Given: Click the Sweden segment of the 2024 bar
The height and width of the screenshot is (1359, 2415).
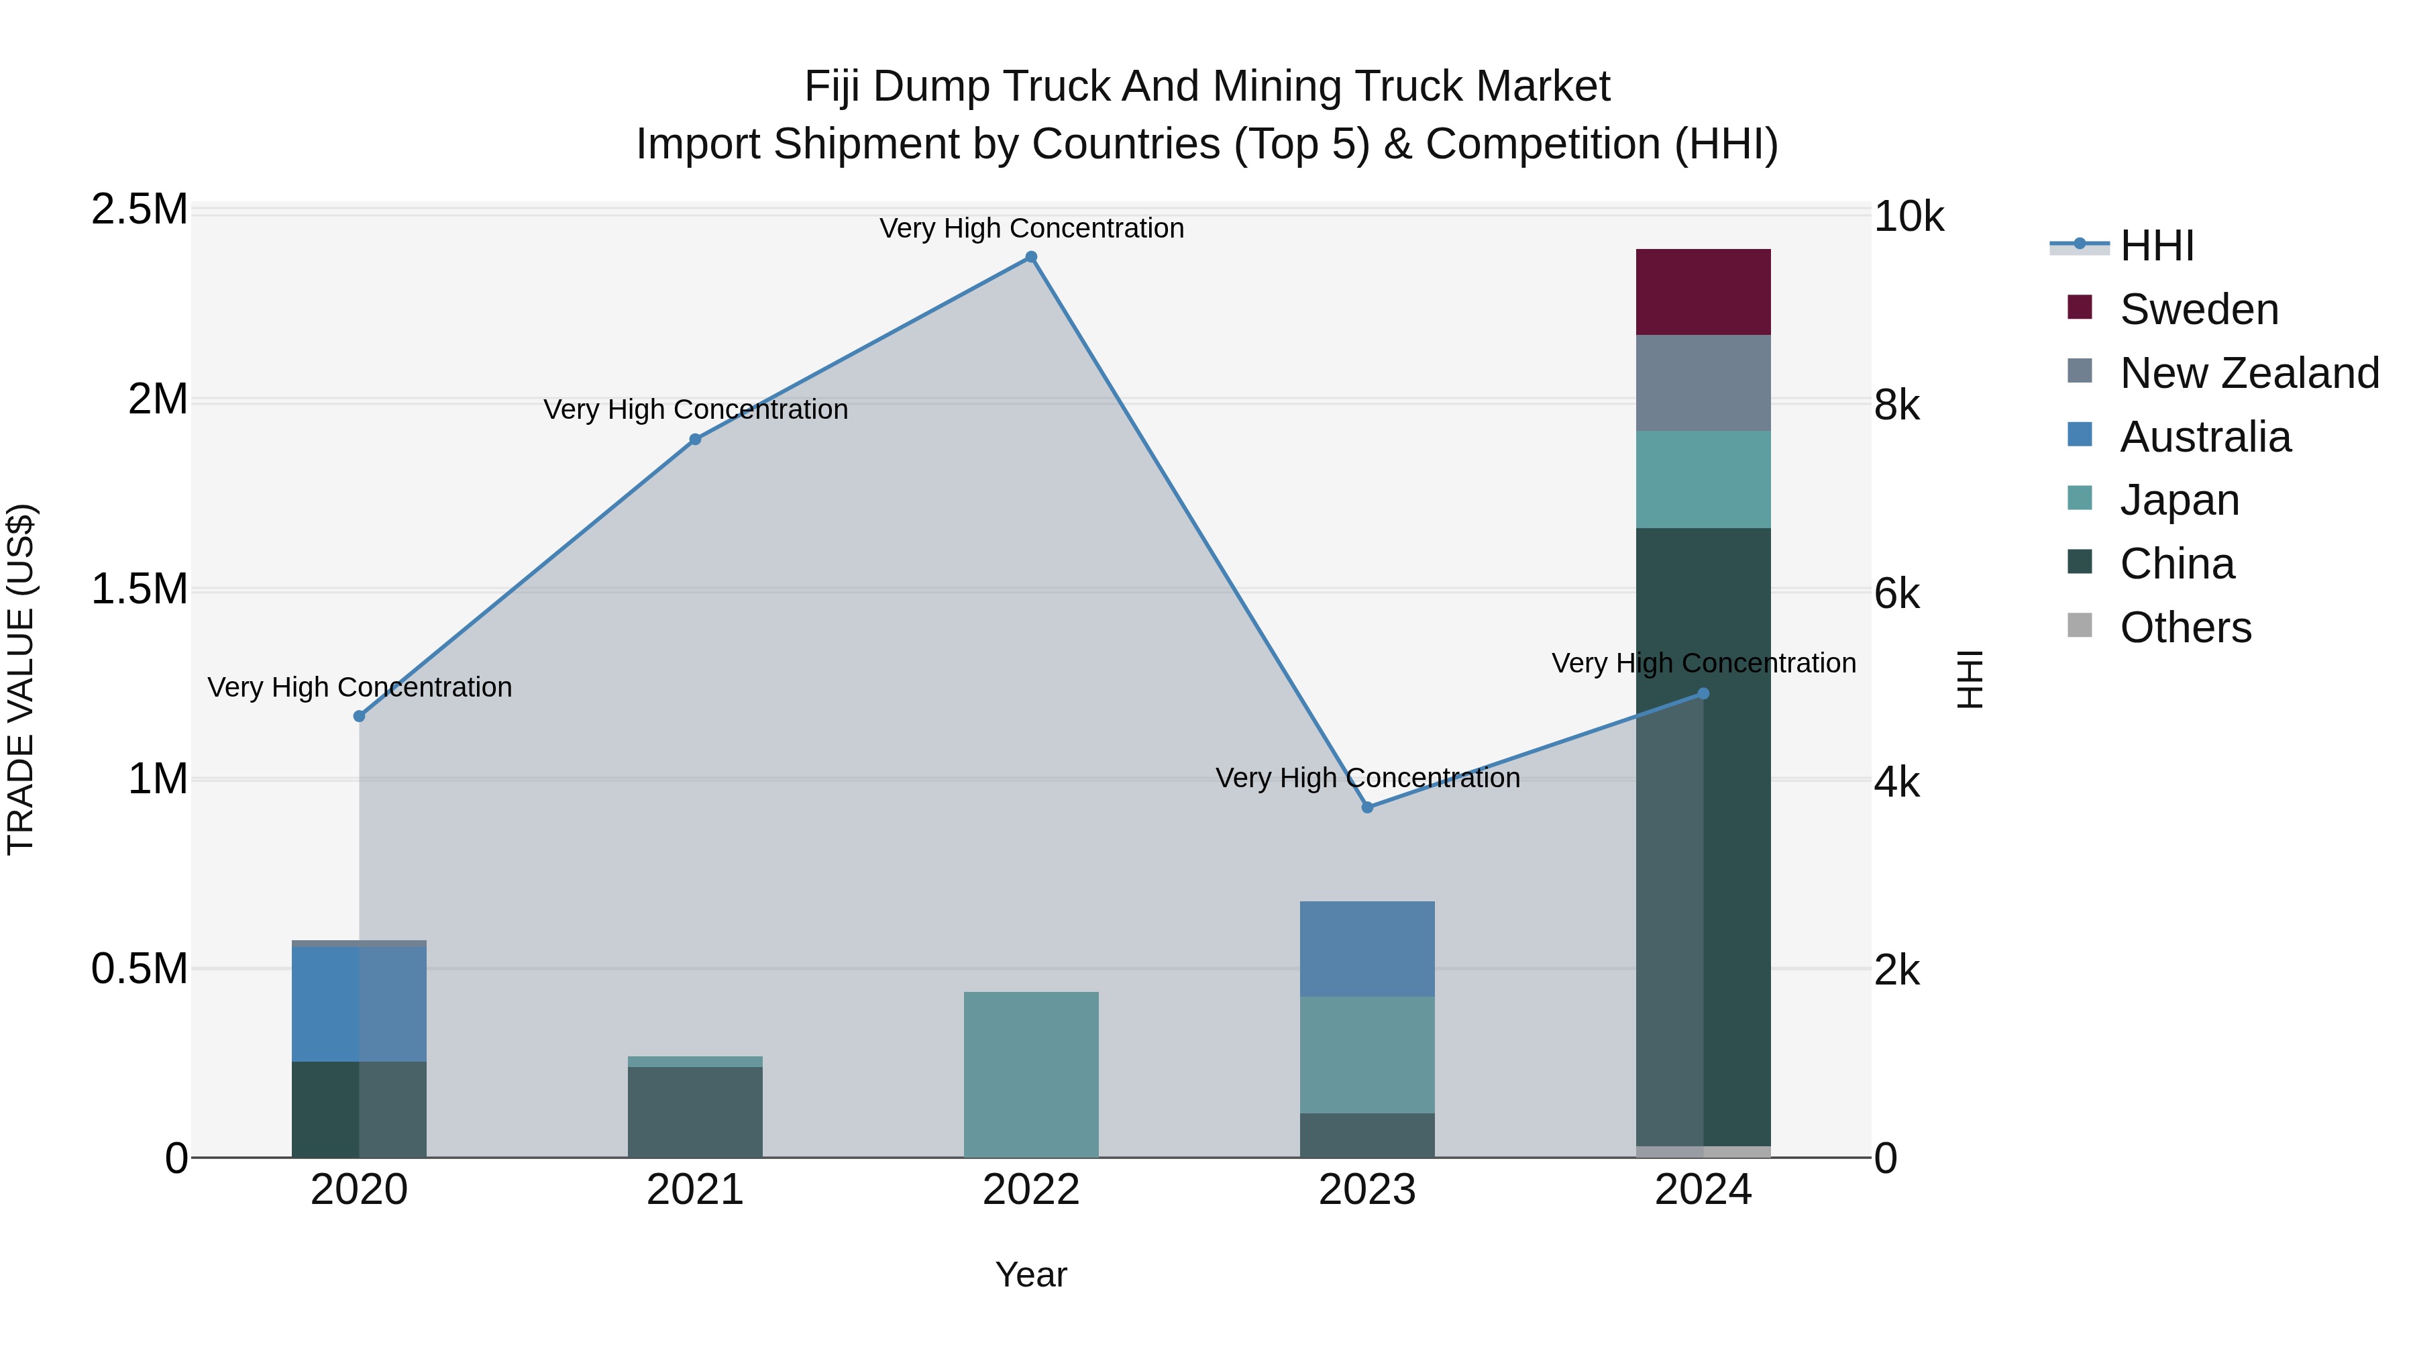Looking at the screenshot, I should [x=1703, y=292].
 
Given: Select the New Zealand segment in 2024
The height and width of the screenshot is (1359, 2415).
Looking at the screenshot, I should [x=1703, y=383].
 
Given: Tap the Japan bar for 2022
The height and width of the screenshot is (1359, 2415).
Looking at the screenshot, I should [x=1030, y=1074].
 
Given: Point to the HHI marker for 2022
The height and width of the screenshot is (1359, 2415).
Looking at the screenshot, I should [x=1030, y=257].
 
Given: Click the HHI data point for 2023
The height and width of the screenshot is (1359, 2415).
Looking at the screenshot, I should [x=1367, y=807].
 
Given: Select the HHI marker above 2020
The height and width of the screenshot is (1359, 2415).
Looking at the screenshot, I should [x=359, y=715].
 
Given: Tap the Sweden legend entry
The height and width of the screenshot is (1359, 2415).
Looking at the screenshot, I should [x=2198, y=309].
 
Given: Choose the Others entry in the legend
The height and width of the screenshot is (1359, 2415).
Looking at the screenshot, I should [x=2184, y=627].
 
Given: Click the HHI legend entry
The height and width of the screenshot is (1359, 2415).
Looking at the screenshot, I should [x=2156, y=246].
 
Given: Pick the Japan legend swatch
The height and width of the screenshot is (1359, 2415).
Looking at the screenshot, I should [x=2080, y=498].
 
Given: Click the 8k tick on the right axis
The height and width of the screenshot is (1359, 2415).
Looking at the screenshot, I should [x=1896, y=405].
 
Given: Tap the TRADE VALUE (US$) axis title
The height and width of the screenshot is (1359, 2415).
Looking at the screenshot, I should [x=21, y=679].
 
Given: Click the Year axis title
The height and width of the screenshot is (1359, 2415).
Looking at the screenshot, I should [x=1030, y=1274].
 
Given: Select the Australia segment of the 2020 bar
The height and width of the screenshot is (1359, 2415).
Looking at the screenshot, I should [x=359, y=1003].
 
